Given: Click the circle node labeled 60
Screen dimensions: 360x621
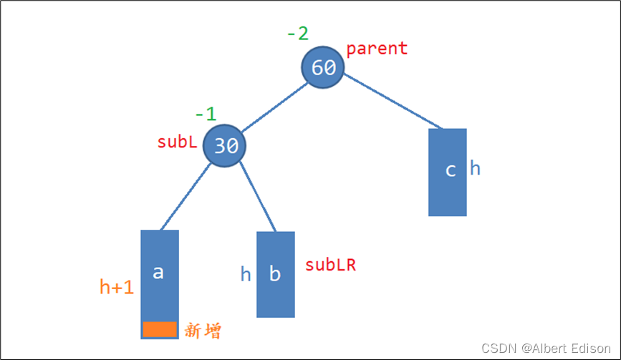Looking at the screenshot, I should [323, 68].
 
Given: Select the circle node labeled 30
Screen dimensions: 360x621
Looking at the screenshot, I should [225, 146].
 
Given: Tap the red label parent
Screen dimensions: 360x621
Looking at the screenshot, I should [377, 49].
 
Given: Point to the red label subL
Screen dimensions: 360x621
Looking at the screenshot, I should [177, 142].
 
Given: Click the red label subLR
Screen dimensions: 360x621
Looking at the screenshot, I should [330, 265].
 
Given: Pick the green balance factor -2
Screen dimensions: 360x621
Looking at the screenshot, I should [298, 34].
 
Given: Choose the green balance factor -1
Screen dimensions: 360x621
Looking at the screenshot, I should [205, 115].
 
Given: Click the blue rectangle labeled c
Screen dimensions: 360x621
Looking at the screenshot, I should [447, 172].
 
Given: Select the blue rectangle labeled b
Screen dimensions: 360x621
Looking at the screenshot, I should [276, 274].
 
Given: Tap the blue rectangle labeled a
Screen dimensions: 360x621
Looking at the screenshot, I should [160, 272].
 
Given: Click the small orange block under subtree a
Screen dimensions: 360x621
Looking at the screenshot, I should [160, 329].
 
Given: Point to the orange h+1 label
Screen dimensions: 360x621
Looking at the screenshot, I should [117, 287].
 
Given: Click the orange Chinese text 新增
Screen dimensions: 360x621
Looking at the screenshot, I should [203, 331].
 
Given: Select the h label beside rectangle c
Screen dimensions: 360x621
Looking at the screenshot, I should [475, 169].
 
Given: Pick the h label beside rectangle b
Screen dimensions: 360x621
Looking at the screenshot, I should [246, 274].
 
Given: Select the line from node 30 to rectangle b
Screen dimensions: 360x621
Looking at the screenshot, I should [257, 197].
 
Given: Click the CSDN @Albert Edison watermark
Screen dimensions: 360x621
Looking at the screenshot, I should [547, 348].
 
